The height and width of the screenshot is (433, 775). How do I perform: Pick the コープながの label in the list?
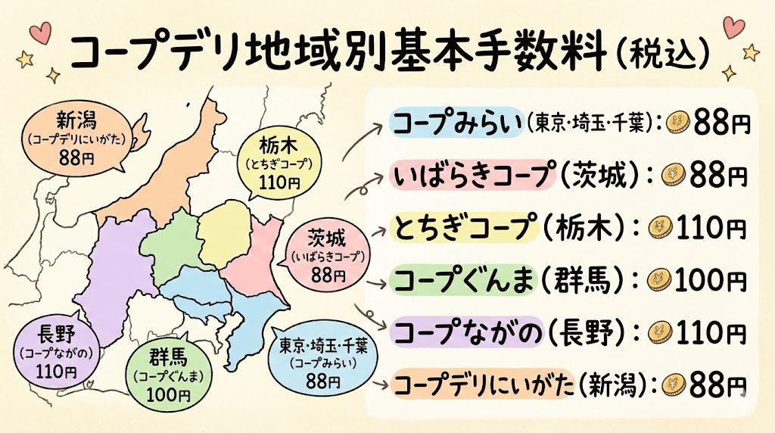point(463,332)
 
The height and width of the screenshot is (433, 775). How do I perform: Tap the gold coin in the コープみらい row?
point(681,123)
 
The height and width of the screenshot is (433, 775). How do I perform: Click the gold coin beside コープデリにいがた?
point(674,384)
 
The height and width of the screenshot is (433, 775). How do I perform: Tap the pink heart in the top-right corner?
point(732,27)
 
